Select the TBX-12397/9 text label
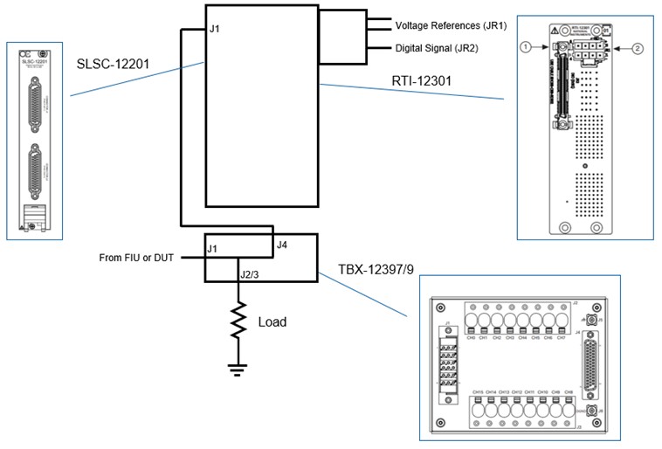pyautogui.click(x=376, y=270)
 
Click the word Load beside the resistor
pyautogui.click(x=272, y=321)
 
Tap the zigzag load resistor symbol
pyautogui.click(x=238, y=321)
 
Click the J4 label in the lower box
pyautogui.click(x=281, y=245)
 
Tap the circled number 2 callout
pyautogui.click(x=638, y=49)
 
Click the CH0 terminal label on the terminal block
pyautogui.click(x=472, y=336)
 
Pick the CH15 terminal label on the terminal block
pyautogui.click(x=478, y=391)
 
